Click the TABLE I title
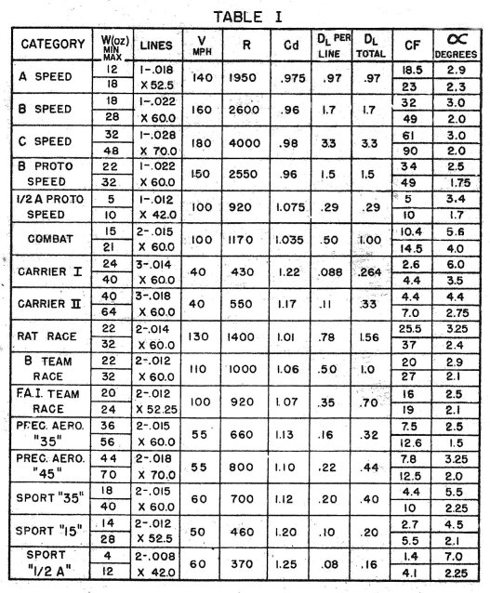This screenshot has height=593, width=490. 245,16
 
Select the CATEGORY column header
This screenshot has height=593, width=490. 53,44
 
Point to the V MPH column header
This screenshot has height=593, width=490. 202,44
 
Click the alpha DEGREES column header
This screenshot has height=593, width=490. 455,45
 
